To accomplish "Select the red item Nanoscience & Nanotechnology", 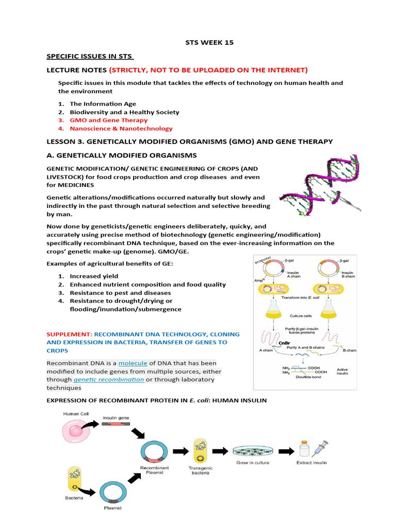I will [121, 128].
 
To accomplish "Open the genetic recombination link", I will [108, 379].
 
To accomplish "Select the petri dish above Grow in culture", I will [252, 451].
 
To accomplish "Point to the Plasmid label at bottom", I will [113, 509].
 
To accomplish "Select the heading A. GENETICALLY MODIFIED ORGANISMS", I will [121, 155].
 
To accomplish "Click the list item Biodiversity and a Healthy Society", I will [124, 112].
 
